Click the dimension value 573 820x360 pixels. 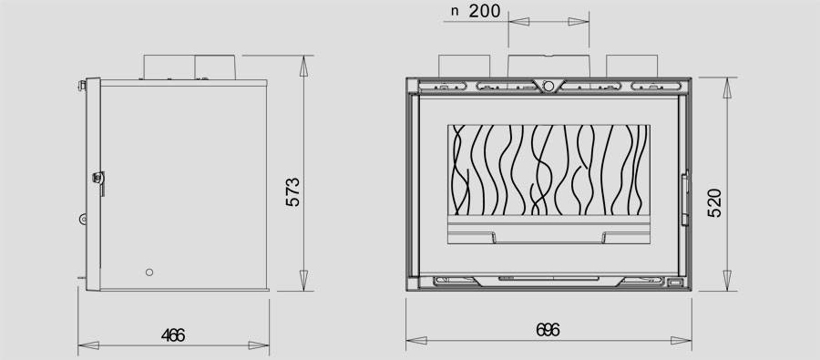point(293,192)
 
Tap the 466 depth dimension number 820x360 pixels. point(173,335)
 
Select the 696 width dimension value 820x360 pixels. point(548,330)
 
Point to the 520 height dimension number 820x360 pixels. point(714,202)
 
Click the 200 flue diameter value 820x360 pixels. point(485,11)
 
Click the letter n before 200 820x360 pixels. point(455,12)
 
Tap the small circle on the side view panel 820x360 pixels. point(149,273)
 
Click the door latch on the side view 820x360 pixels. point(98,180)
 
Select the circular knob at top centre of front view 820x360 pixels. point(548,86)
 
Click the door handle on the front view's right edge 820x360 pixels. point(684,198)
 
